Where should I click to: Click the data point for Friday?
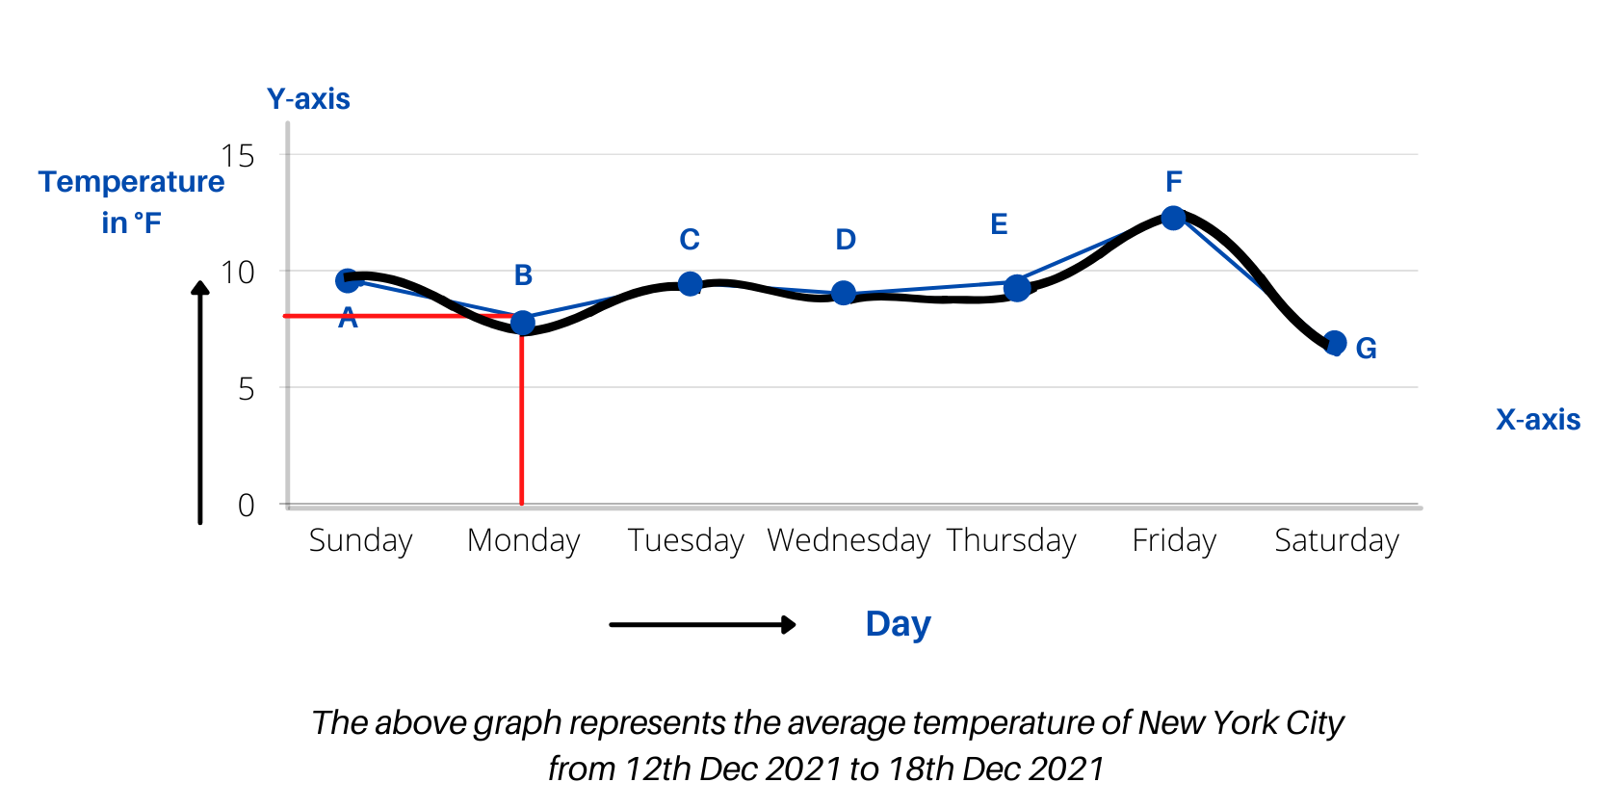pos(1173,219)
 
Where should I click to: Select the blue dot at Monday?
pos(523,323)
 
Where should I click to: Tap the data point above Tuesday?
pos(690,284)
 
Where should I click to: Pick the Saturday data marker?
pos(1335,343)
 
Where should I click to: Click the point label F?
pos(1173,181)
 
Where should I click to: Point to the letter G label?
pos(1366,349)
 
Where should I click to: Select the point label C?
pos(690,239)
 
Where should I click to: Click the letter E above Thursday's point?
pos(999,224)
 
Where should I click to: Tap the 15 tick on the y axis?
pos(238,156)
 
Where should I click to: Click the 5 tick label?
pos(247,389)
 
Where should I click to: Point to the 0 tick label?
pos(247,506)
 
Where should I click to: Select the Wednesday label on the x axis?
pos(848,540)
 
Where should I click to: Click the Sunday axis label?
pos(360,540)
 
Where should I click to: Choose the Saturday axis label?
pos(1336,540)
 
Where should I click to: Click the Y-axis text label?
pos(308,99)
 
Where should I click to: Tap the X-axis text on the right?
pos(1537,420)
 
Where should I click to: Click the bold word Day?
pos(898,624)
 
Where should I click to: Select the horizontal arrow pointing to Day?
pos(702,625)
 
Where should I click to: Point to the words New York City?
pos(1240,722)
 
